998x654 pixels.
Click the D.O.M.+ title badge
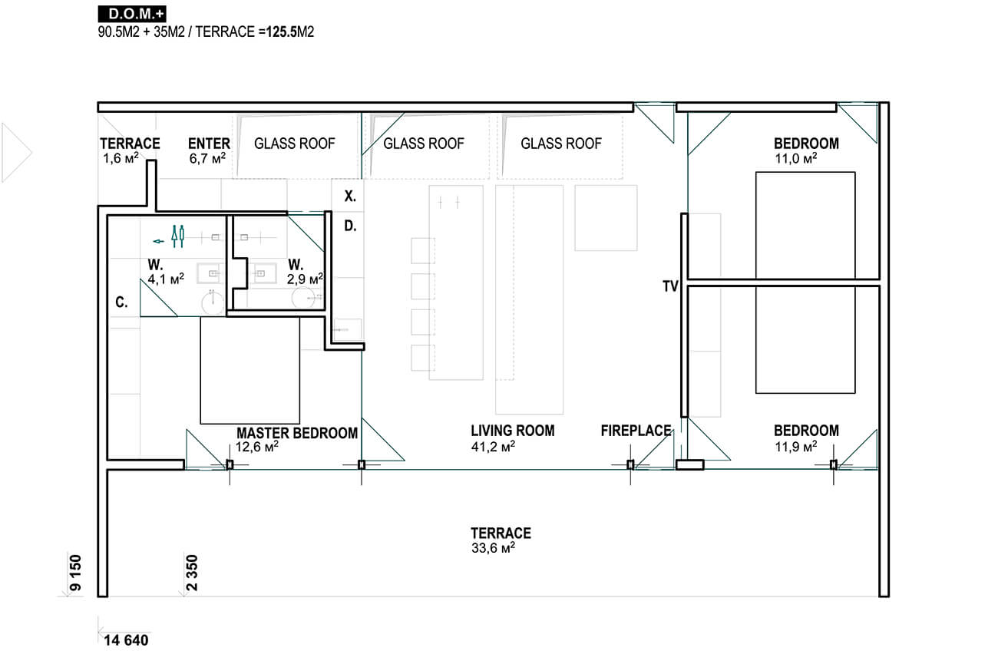click(x=132, y=14)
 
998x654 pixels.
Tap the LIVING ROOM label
click(x=513, y=431)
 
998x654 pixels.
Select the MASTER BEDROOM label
click(x=297, y=433)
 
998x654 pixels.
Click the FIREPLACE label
click(x=636, y=431)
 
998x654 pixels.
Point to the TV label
click(x=670, y=286)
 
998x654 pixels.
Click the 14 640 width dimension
click(x=126, y=641)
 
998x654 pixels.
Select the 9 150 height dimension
click(x=76, y=573)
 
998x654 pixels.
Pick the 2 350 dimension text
click(x=192, y=573)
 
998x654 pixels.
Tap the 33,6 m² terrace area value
click(x=493, y=547)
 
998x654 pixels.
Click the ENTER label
click(x=209, y=144)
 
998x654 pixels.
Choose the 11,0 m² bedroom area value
click(x=796, y=158)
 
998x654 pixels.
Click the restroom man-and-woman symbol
click(x=178, y=236)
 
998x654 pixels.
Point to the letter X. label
click(x=350, y=196)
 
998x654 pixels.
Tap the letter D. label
click(x=350, y=226)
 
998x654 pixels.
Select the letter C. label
click(x=121, y=302)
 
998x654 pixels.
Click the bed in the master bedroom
click(x=250, y=370)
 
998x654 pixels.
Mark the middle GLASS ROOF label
click(x=424, y=144)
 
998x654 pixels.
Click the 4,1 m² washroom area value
click(x=166, y=279)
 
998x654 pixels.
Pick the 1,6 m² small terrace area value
click(x=121, y=158)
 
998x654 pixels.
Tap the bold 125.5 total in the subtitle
click(x=282, y=31)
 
